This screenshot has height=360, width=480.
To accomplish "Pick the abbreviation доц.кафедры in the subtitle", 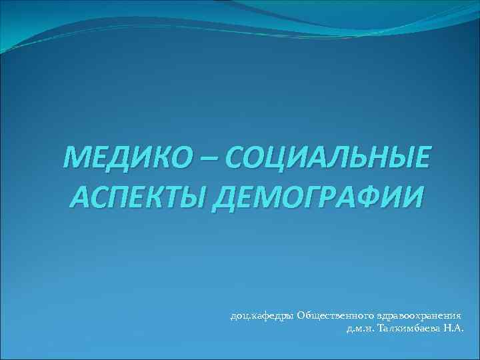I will click(261, 316).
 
